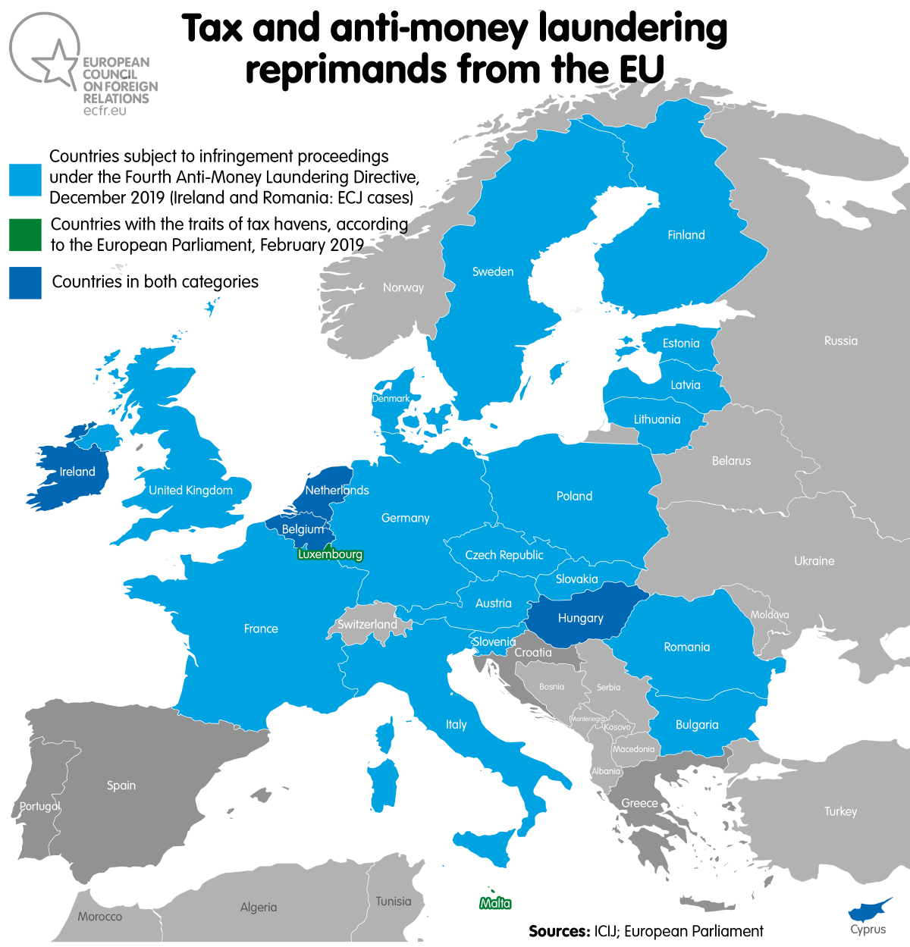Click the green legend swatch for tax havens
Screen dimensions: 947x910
click(x=25, y=235)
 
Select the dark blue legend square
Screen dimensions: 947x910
click(x=25, y=282)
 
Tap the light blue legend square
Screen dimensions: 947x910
click(x=25, y=180)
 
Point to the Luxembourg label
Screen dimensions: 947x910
click(x=330, y=554)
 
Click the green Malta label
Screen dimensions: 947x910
click(x=495, y=903)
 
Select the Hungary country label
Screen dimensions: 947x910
click(x=580, y=618)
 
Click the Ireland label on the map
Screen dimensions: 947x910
click(x=77, y=472)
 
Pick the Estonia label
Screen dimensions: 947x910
click(x=681, y=343)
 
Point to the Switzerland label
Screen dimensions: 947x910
click(x=367, y=624)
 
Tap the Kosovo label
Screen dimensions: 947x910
click(x=617, y=727)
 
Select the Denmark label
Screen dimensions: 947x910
click(x=391, y=399)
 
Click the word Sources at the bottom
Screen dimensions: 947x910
click(x=558, y=931)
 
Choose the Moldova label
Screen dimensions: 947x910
click(x=770, y=615)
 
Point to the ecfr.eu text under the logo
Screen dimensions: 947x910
click(x=105, y=111)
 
